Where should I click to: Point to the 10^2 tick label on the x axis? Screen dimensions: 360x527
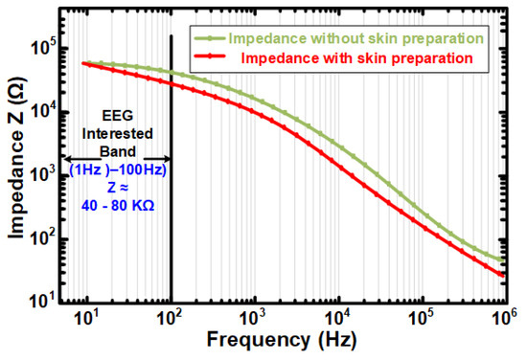tap(171, 318)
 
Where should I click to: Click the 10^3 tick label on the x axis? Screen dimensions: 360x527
tap(254, 318)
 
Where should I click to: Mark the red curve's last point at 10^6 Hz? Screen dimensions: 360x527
tap(503, 276)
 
